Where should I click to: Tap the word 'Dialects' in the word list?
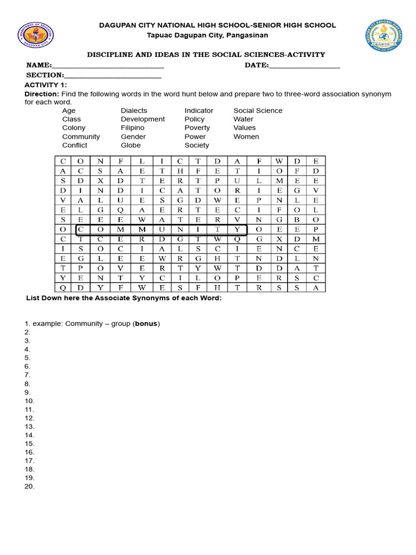click(x=134, y=111)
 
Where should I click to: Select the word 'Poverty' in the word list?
click(x=197, y=128)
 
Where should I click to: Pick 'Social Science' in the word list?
click(x=258, y=111)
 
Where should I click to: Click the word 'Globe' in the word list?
click(x=131, y=145)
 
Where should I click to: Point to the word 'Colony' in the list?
click(x=74, y=128)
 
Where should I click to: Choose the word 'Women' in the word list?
click(x=246, y=137)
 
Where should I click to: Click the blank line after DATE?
click(x=304, y=66)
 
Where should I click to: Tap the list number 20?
click(x=29, y=487)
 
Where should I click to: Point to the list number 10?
click(x=29, y=401)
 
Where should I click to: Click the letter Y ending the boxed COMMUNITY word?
click(x=237, y=229)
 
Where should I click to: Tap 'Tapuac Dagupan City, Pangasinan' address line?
click(x=208, y=35)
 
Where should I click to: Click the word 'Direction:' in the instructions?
click(x=41, y=94)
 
